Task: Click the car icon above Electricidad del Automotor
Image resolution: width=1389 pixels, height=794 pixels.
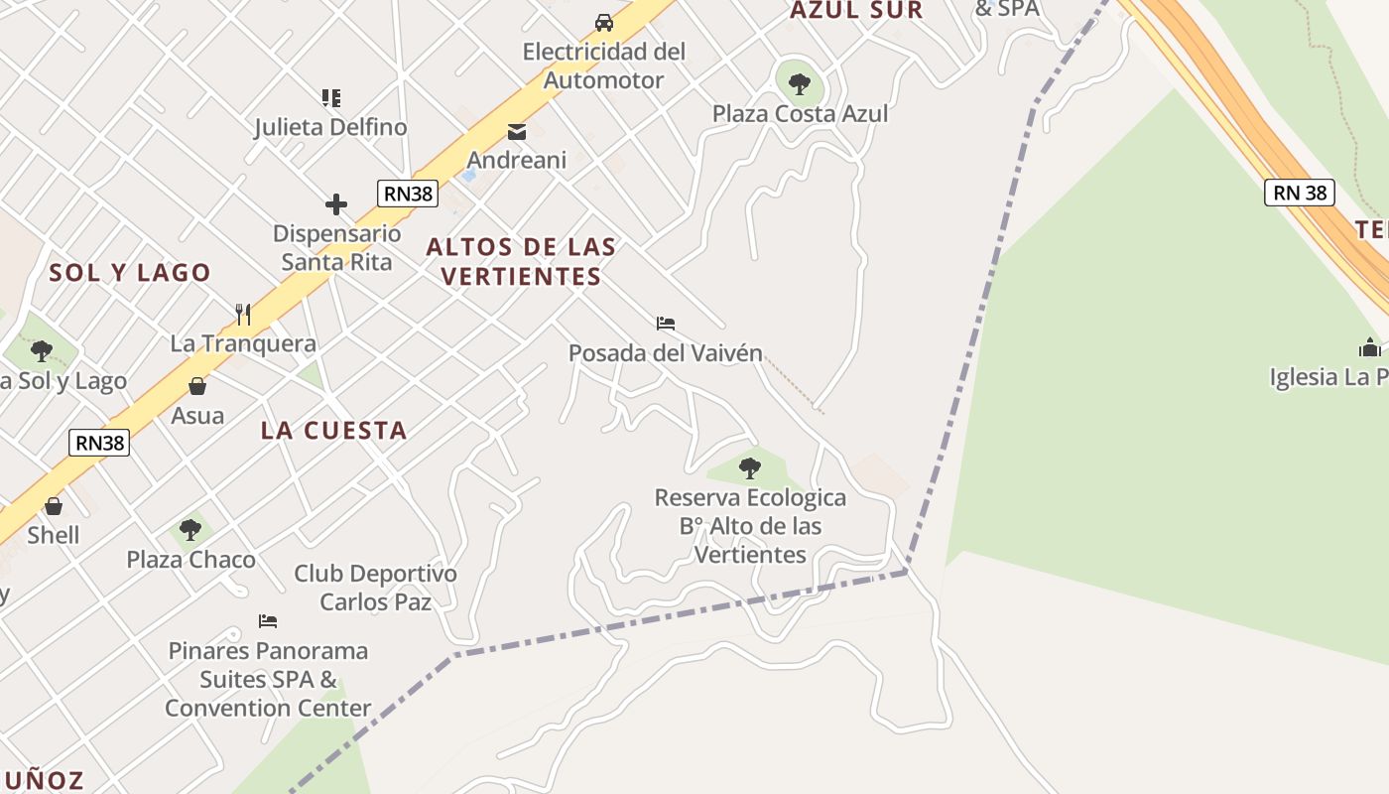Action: (603, 22)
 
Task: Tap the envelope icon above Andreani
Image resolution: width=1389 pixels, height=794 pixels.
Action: (517, 132)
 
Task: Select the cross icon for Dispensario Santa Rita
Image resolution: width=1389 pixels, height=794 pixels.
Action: (336, 205)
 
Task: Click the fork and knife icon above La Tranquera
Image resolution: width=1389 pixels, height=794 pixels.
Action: (243, 315)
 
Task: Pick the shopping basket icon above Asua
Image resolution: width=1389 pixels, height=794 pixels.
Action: (197, 386)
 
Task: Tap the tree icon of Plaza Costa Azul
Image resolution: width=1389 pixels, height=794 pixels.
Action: (800, 83)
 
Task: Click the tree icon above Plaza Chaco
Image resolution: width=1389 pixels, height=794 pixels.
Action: (190, 530)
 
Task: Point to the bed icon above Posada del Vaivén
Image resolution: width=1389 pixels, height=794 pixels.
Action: (666, 324)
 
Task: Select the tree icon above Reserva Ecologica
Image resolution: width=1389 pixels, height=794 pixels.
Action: (750, 467)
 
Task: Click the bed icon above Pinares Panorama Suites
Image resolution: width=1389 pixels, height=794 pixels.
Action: (268, 621)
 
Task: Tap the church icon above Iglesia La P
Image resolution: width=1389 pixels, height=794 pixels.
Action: (1370, 348)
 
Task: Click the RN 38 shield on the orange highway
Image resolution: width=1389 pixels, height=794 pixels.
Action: (1299, 193)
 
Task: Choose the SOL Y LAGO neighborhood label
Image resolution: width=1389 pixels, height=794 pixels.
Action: (130, 273)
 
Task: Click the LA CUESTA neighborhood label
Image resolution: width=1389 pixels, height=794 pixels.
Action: (333, 431)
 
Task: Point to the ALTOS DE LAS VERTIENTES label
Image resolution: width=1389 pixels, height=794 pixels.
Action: (521, 261)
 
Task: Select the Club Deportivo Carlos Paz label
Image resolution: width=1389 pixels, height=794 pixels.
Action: (375, 588)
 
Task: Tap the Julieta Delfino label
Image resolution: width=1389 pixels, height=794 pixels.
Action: (330, 127)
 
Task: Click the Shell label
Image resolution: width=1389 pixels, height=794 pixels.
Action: (54, 535)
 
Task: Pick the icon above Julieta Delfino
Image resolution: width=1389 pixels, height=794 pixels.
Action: (330, 98)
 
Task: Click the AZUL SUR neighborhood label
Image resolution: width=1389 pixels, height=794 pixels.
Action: (856, 11)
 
